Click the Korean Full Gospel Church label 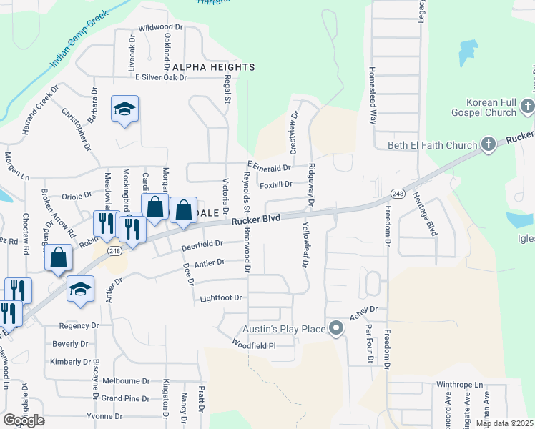point(484,107)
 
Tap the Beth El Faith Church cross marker point(488,145)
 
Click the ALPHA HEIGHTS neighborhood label point(213,67)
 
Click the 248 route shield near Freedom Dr point(398,194)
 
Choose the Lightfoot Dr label point(222,297)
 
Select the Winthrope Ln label point(460,385)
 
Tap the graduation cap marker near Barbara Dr point(125,109)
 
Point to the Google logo point(24,420)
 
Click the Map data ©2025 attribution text point(504,423)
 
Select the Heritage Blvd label point(432,219)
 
